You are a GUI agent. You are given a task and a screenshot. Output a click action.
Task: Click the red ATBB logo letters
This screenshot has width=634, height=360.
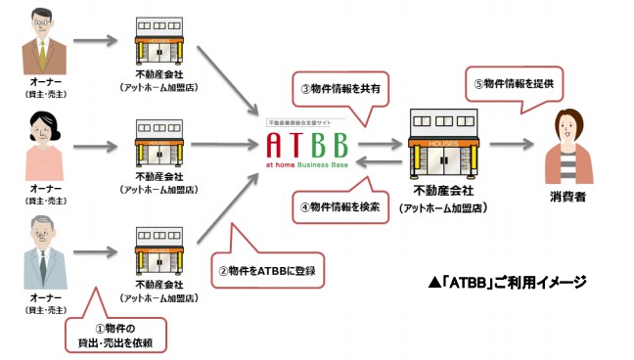click(306, 146)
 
